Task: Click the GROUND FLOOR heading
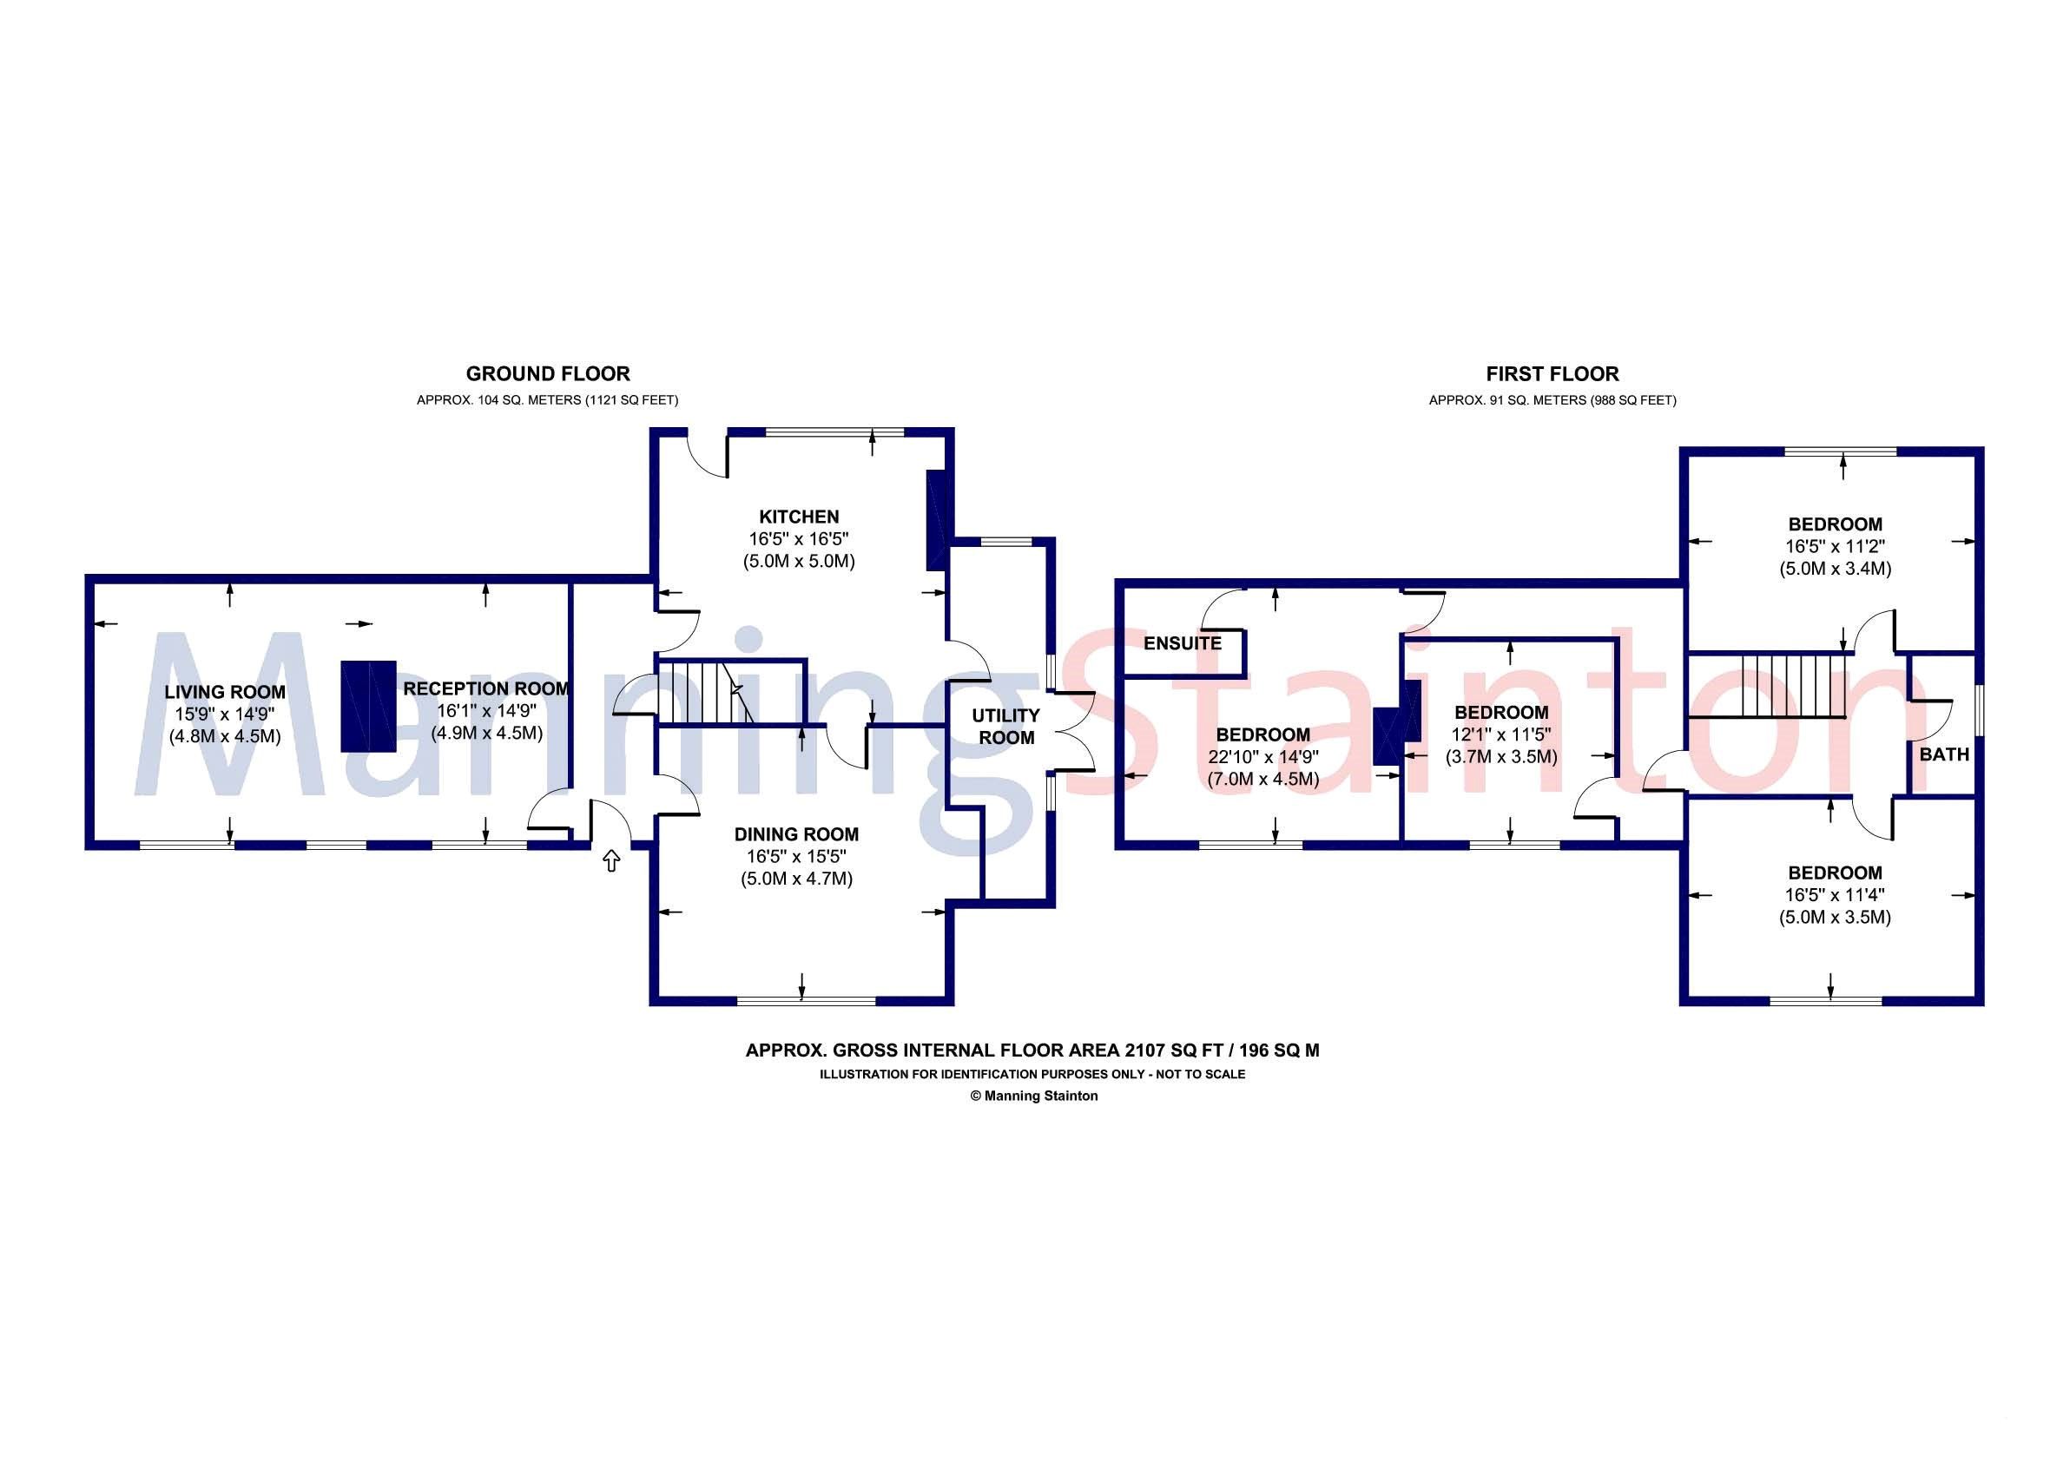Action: coord(547,374)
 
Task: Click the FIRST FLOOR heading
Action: coord(1552,374)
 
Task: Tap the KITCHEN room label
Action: coord(799,517)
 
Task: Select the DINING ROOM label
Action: coord(796,834)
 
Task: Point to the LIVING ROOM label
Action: coord(225,692)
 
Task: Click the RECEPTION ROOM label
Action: coord(486,688)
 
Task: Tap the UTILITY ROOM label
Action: coord(1006,727)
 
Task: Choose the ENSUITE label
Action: coord(1182,643)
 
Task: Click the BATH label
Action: coord(1944,754)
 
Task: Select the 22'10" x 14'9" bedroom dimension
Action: coord(1263,757)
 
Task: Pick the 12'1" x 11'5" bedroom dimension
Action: coord(1501,734)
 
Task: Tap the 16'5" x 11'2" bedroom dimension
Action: coord(1835,546)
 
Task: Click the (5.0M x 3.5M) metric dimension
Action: coord(1835,918)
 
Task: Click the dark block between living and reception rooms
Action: coord(368,706)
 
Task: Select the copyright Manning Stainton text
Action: coord(1033,1096)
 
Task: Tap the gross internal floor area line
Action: coord(1032,1050)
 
